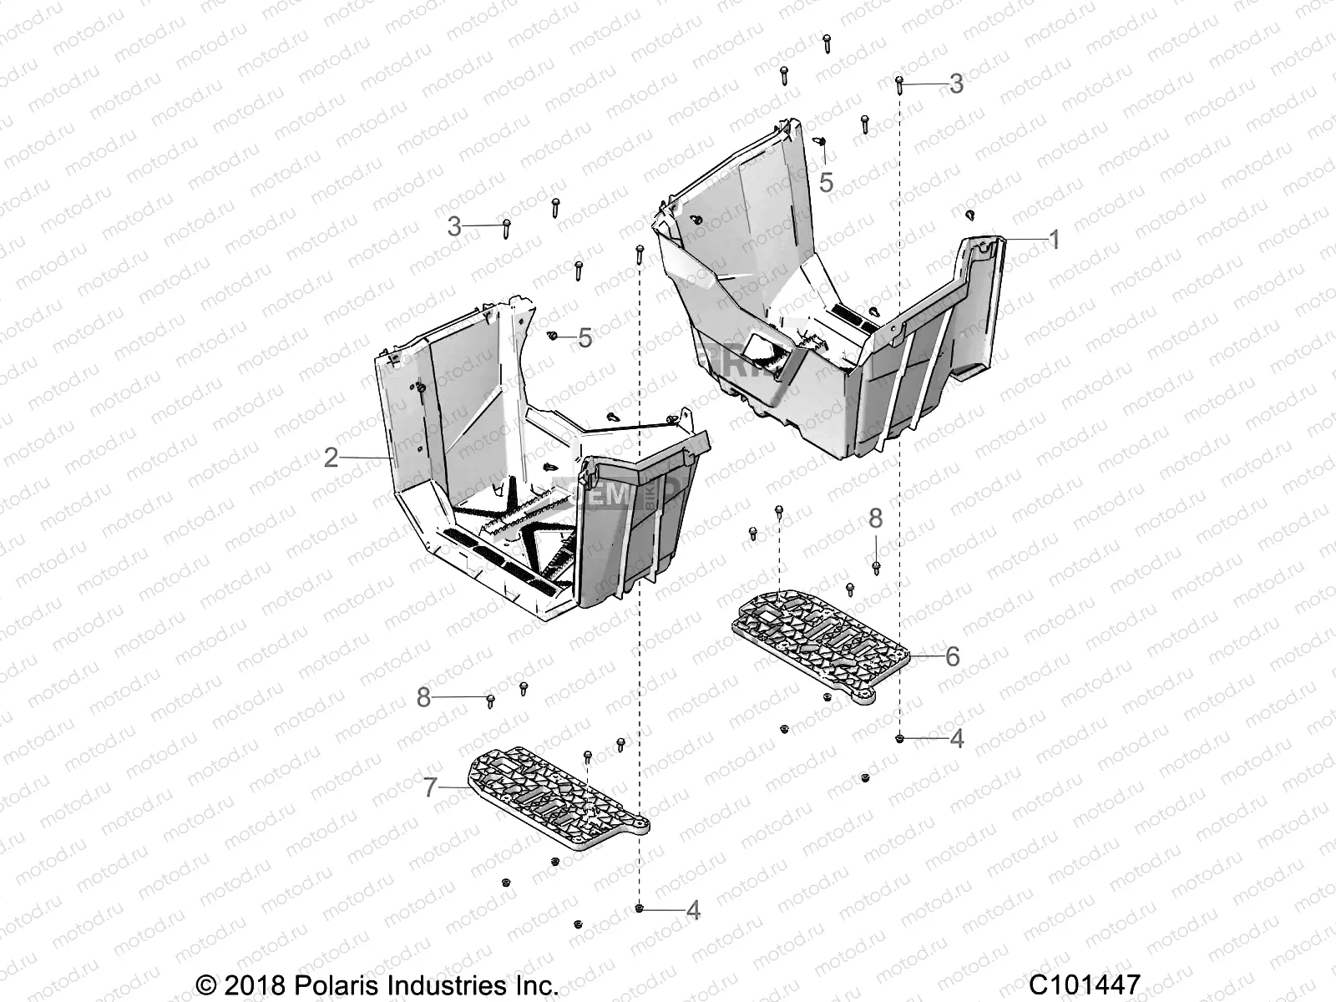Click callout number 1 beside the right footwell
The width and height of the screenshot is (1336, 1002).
(1054, 240)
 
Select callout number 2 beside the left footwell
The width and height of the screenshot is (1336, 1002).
(331, 458)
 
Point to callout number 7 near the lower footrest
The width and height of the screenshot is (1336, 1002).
(430, 787)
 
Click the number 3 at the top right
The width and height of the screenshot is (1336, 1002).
(956, 83)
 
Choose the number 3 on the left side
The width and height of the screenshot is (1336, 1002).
(454, 226)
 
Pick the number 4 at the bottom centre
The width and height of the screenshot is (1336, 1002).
(693, 910)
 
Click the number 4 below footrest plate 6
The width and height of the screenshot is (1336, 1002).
(957, 738)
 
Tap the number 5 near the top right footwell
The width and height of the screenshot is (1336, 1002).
(826, 182)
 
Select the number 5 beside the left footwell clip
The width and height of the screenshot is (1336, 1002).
(584, 338)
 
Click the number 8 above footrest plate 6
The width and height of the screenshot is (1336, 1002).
(875, 519)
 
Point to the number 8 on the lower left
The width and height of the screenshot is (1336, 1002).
(423, 698)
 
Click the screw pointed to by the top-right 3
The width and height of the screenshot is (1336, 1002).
(899, 82)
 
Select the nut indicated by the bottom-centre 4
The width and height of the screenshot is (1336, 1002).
(640, 908)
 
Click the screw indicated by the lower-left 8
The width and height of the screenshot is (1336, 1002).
(490, 699)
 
